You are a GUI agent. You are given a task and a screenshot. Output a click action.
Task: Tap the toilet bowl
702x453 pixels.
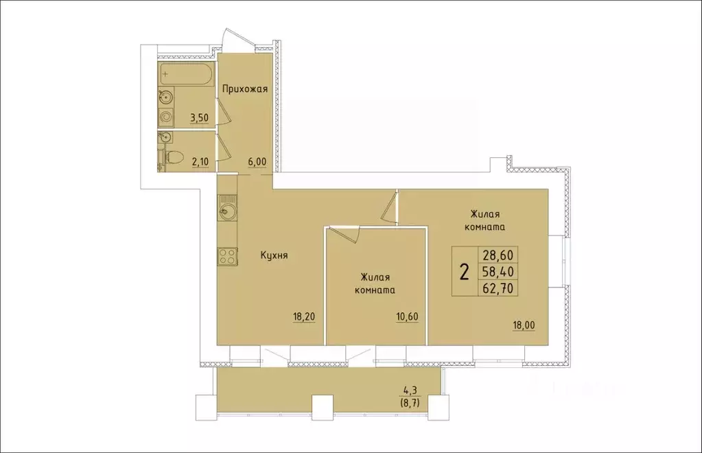(x=172, y=157)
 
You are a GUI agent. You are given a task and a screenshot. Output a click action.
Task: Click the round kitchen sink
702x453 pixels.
(x=227, y=211)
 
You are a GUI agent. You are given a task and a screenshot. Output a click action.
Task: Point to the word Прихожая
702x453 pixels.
(x=244, y=89)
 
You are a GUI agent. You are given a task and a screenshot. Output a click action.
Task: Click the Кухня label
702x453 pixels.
(x=274, y=255)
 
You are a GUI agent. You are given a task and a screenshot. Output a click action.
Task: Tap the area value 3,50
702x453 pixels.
(x=198, y=117)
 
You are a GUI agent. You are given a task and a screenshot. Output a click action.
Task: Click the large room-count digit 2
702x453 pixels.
(x=465, y=272)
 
